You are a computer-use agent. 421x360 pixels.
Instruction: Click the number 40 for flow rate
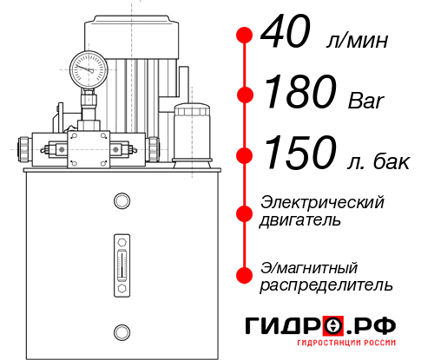click(x=286, y=31)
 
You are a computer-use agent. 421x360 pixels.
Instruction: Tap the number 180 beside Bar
click(x=300, y=91)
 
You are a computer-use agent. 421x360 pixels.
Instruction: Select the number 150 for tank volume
click(x=300, y=153)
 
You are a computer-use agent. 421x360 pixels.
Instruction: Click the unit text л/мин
click(x=357, y=41)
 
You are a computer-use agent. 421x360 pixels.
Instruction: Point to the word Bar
click(x=366, y=101)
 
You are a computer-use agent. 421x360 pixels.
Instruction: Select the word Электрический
click(x=322, y=202)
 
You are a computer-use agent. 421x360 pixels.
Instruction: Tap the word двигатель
click(x=300, y=220)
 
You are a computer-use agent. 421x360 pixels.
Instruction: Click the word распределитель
click(x=326, y=285)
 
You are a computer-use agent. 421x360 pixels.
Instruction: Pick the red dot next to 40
click(x=245, y=36)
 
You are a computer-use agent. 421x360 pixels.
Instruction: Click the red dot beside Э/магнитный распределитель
click(x=245, y=275)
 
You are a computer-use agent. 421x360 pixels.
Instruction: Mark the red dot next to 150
click(x=245, y=155)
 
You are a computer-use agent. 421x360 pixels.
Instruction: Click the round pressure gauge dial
click(x=89, y=69)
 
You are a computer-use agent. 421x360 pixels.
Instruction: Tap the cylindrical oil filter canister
click(x=192, y=135)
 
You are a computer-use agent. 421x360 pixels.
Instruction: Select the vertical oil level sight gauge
click(x=122, y=265)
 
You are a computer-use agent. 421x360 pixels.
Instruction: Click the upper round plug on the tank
click(x=122, y=200)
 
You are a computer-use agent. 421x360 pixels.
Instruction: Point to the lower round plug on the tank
click(x=122, y=332)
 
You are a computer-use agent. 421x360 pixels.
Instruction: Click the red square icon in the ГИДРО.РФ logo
click(x=333, y=326)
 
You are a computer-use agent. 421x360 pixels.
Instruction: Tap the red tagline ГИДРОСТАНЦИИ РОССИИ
click(x=346, y=343)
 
